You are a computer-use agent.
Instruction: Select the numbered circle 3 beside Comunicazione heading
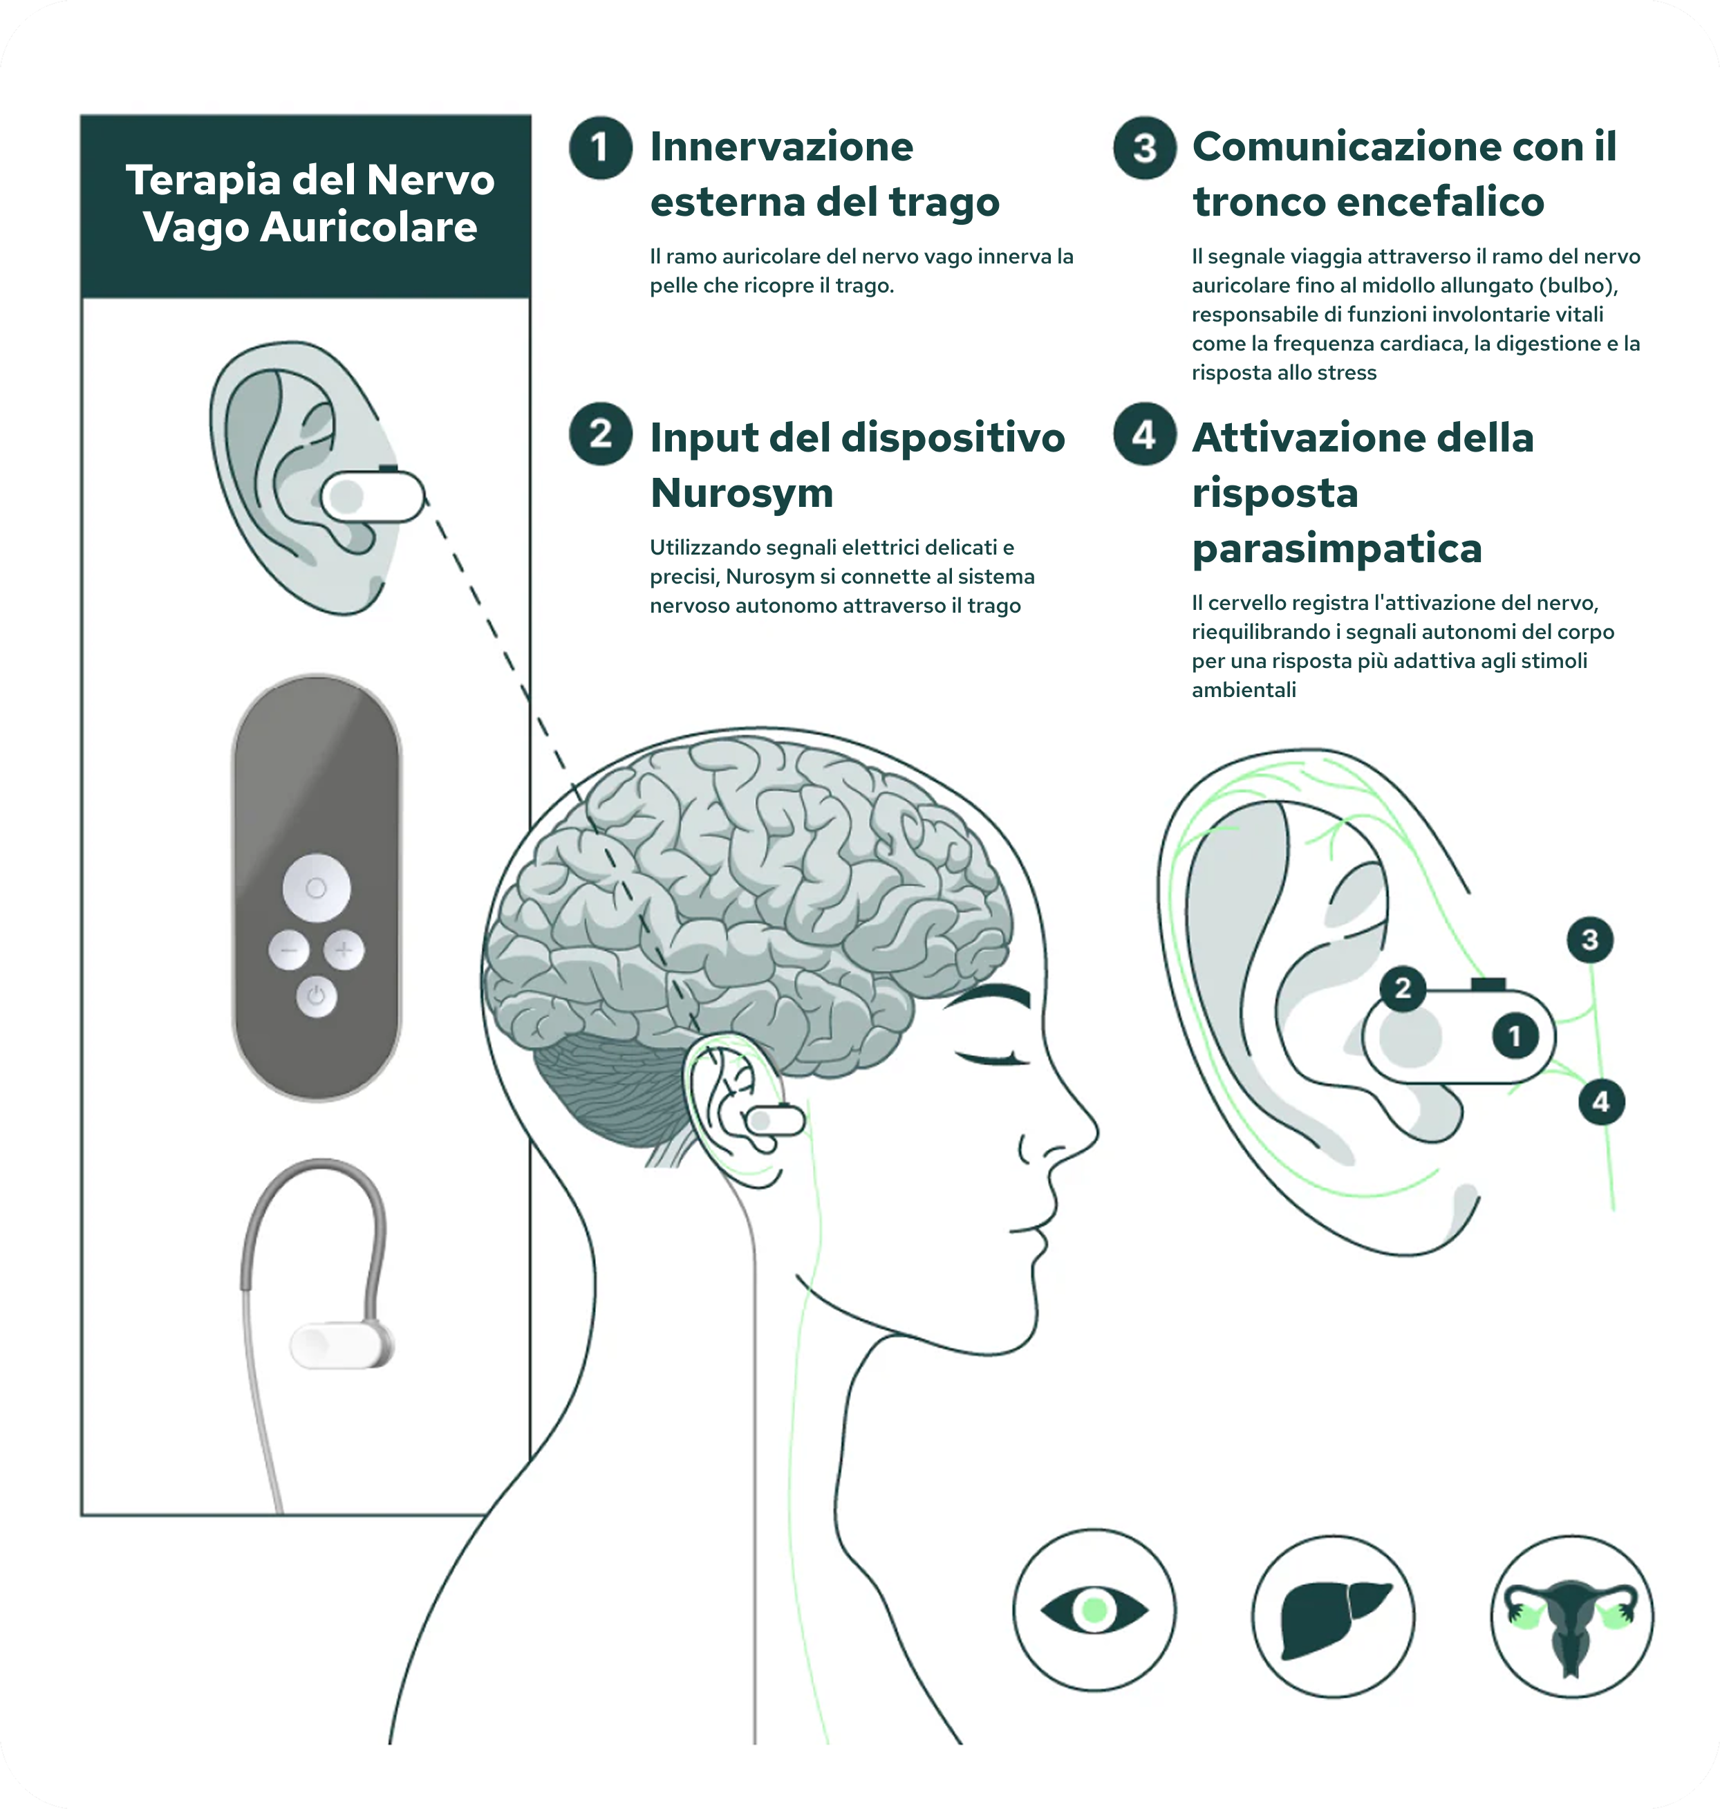point(1144,147)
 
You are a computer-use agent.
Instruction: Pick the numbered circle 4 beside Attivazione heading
point(1144,434)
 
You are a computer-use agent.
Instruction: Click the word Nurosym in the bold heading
point(741,493)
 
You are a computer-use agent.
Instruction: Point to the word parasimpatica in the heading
point(1336,548)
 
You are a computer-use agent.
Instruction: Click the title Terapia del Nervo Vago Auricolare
point(309,203)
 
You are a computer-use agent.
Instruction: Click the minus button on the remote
point(288,950)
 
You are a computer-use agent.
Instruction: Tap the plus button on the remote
point(344,950)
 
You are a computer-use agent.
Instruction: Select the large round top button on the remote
point(317,887)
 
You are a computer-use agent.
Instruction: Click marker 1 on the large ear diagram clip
point(1514,1036)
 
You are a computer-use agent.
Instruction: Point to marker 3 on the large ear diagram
point(1590,939)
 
